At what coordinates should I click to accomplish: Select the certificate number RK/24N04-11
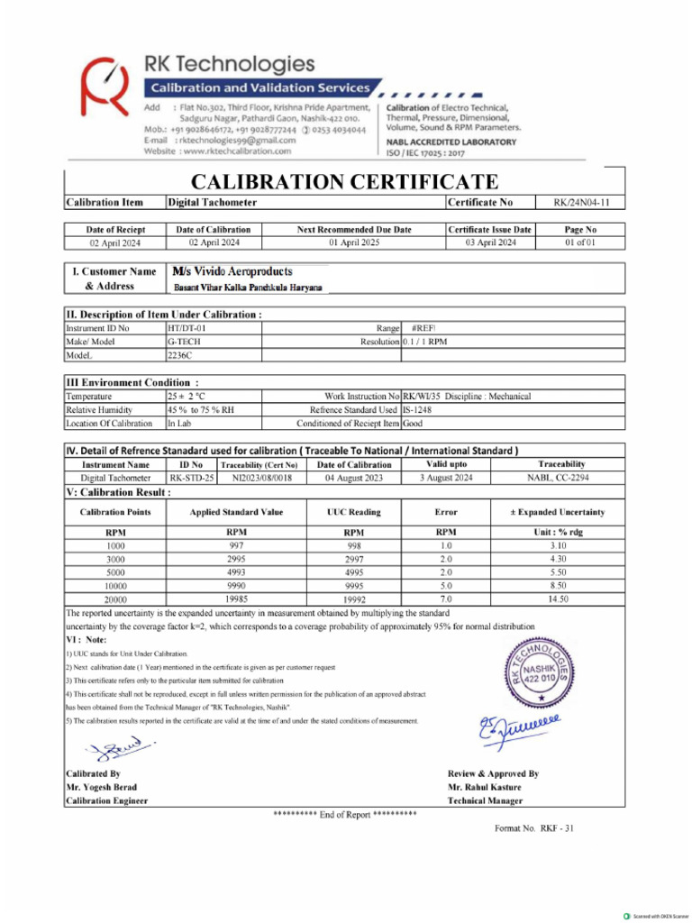[x=580, y=203]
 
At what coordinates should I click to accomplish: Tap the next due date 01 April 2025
[x=353, y=242]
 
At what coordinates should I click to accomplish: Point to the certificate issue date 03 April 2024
[x=490, y=242]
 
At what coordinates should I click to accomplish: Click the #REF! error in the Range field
[x=423, y=329]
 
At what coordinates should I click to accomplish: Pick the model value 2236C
[x=180, y=356]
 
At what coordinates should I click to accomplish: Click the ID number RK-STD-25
[x=191, y=478]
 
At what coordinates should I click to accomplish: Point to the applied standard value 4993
[x=236, y=572]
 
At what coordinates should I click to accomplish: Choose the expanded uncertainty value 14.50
[x=558, y=599]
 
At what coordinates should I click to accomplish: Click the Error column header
[x=446, y=512]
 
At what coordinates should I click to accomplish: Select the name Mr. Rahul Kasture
[x=484, y=787]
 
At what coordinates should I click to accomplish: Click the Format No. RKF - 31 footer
[x=534, y=828]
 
